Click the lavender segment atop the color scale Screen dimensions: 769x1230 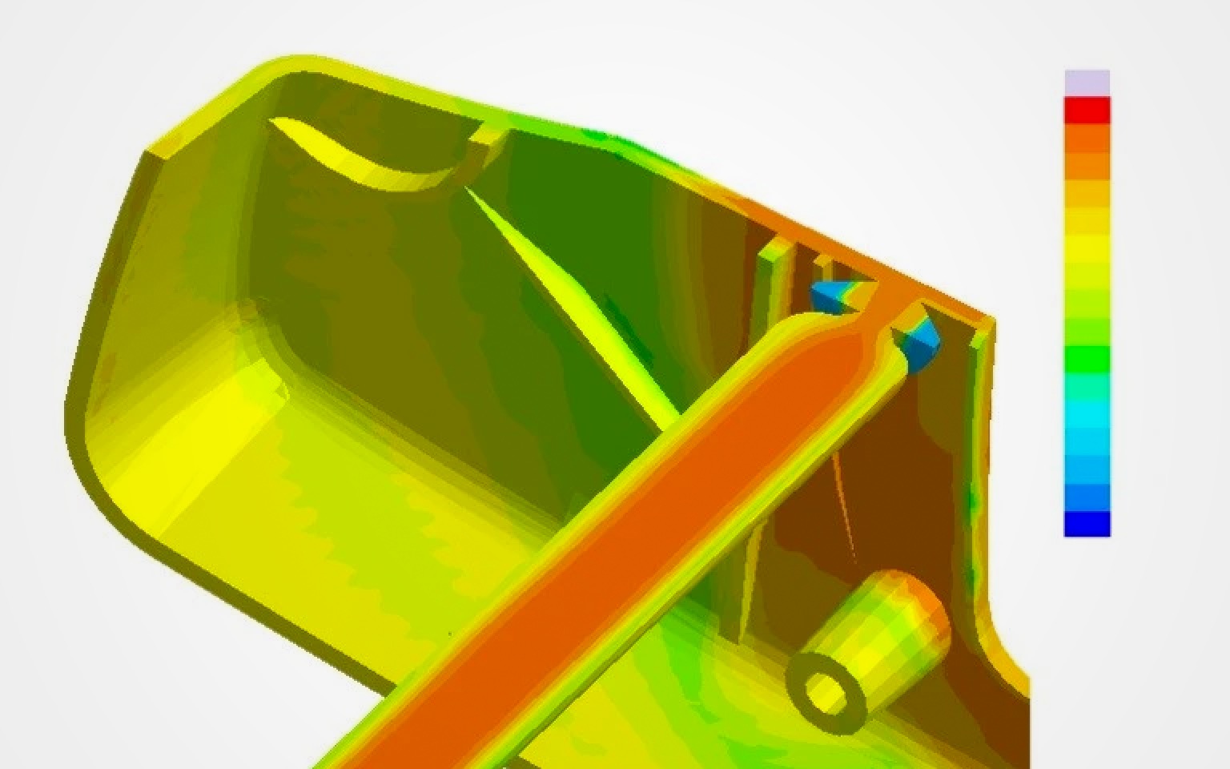1087,83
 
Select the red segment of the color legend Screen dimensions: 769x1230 1087,110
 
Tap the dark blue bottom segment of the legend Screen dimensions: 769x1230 1087,524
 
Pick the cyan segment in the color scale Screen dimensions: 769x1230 1087,413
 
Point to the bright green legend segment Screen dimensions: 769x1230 1087,359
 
